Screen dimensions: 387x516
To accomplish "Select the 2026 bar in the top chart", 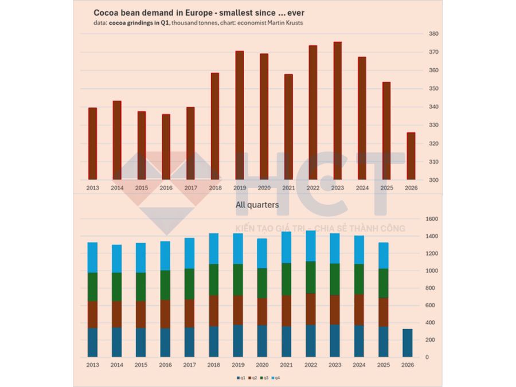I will [411, 156].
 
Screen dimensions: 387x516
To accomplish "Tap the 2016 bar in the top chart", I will [166, 147].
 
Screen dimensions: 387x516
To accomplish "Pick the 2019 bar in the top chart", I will [240, 115].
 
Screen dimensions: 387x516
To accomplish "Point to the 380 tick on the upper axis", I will [433, 34].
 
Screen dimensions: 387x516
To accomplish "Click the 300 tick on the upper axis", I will [433, 180].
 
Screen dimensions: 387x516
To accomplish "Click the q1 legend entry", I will [241, 377].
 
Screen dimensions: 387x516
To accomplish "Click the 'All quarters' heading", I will [257, 205].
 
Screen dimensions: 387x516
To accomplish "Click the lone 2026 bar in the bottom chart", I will [407, 343].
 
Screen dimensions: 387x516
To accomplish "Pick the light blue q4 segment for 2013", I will [92, 257].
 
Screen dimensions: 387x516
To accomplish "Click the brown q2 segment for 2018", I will [214, 311].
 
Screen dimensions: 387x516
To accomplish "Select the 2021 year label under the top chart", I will [288, 187].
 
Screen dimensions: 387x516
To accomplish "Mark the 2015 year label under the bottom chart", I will [141, 364].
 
